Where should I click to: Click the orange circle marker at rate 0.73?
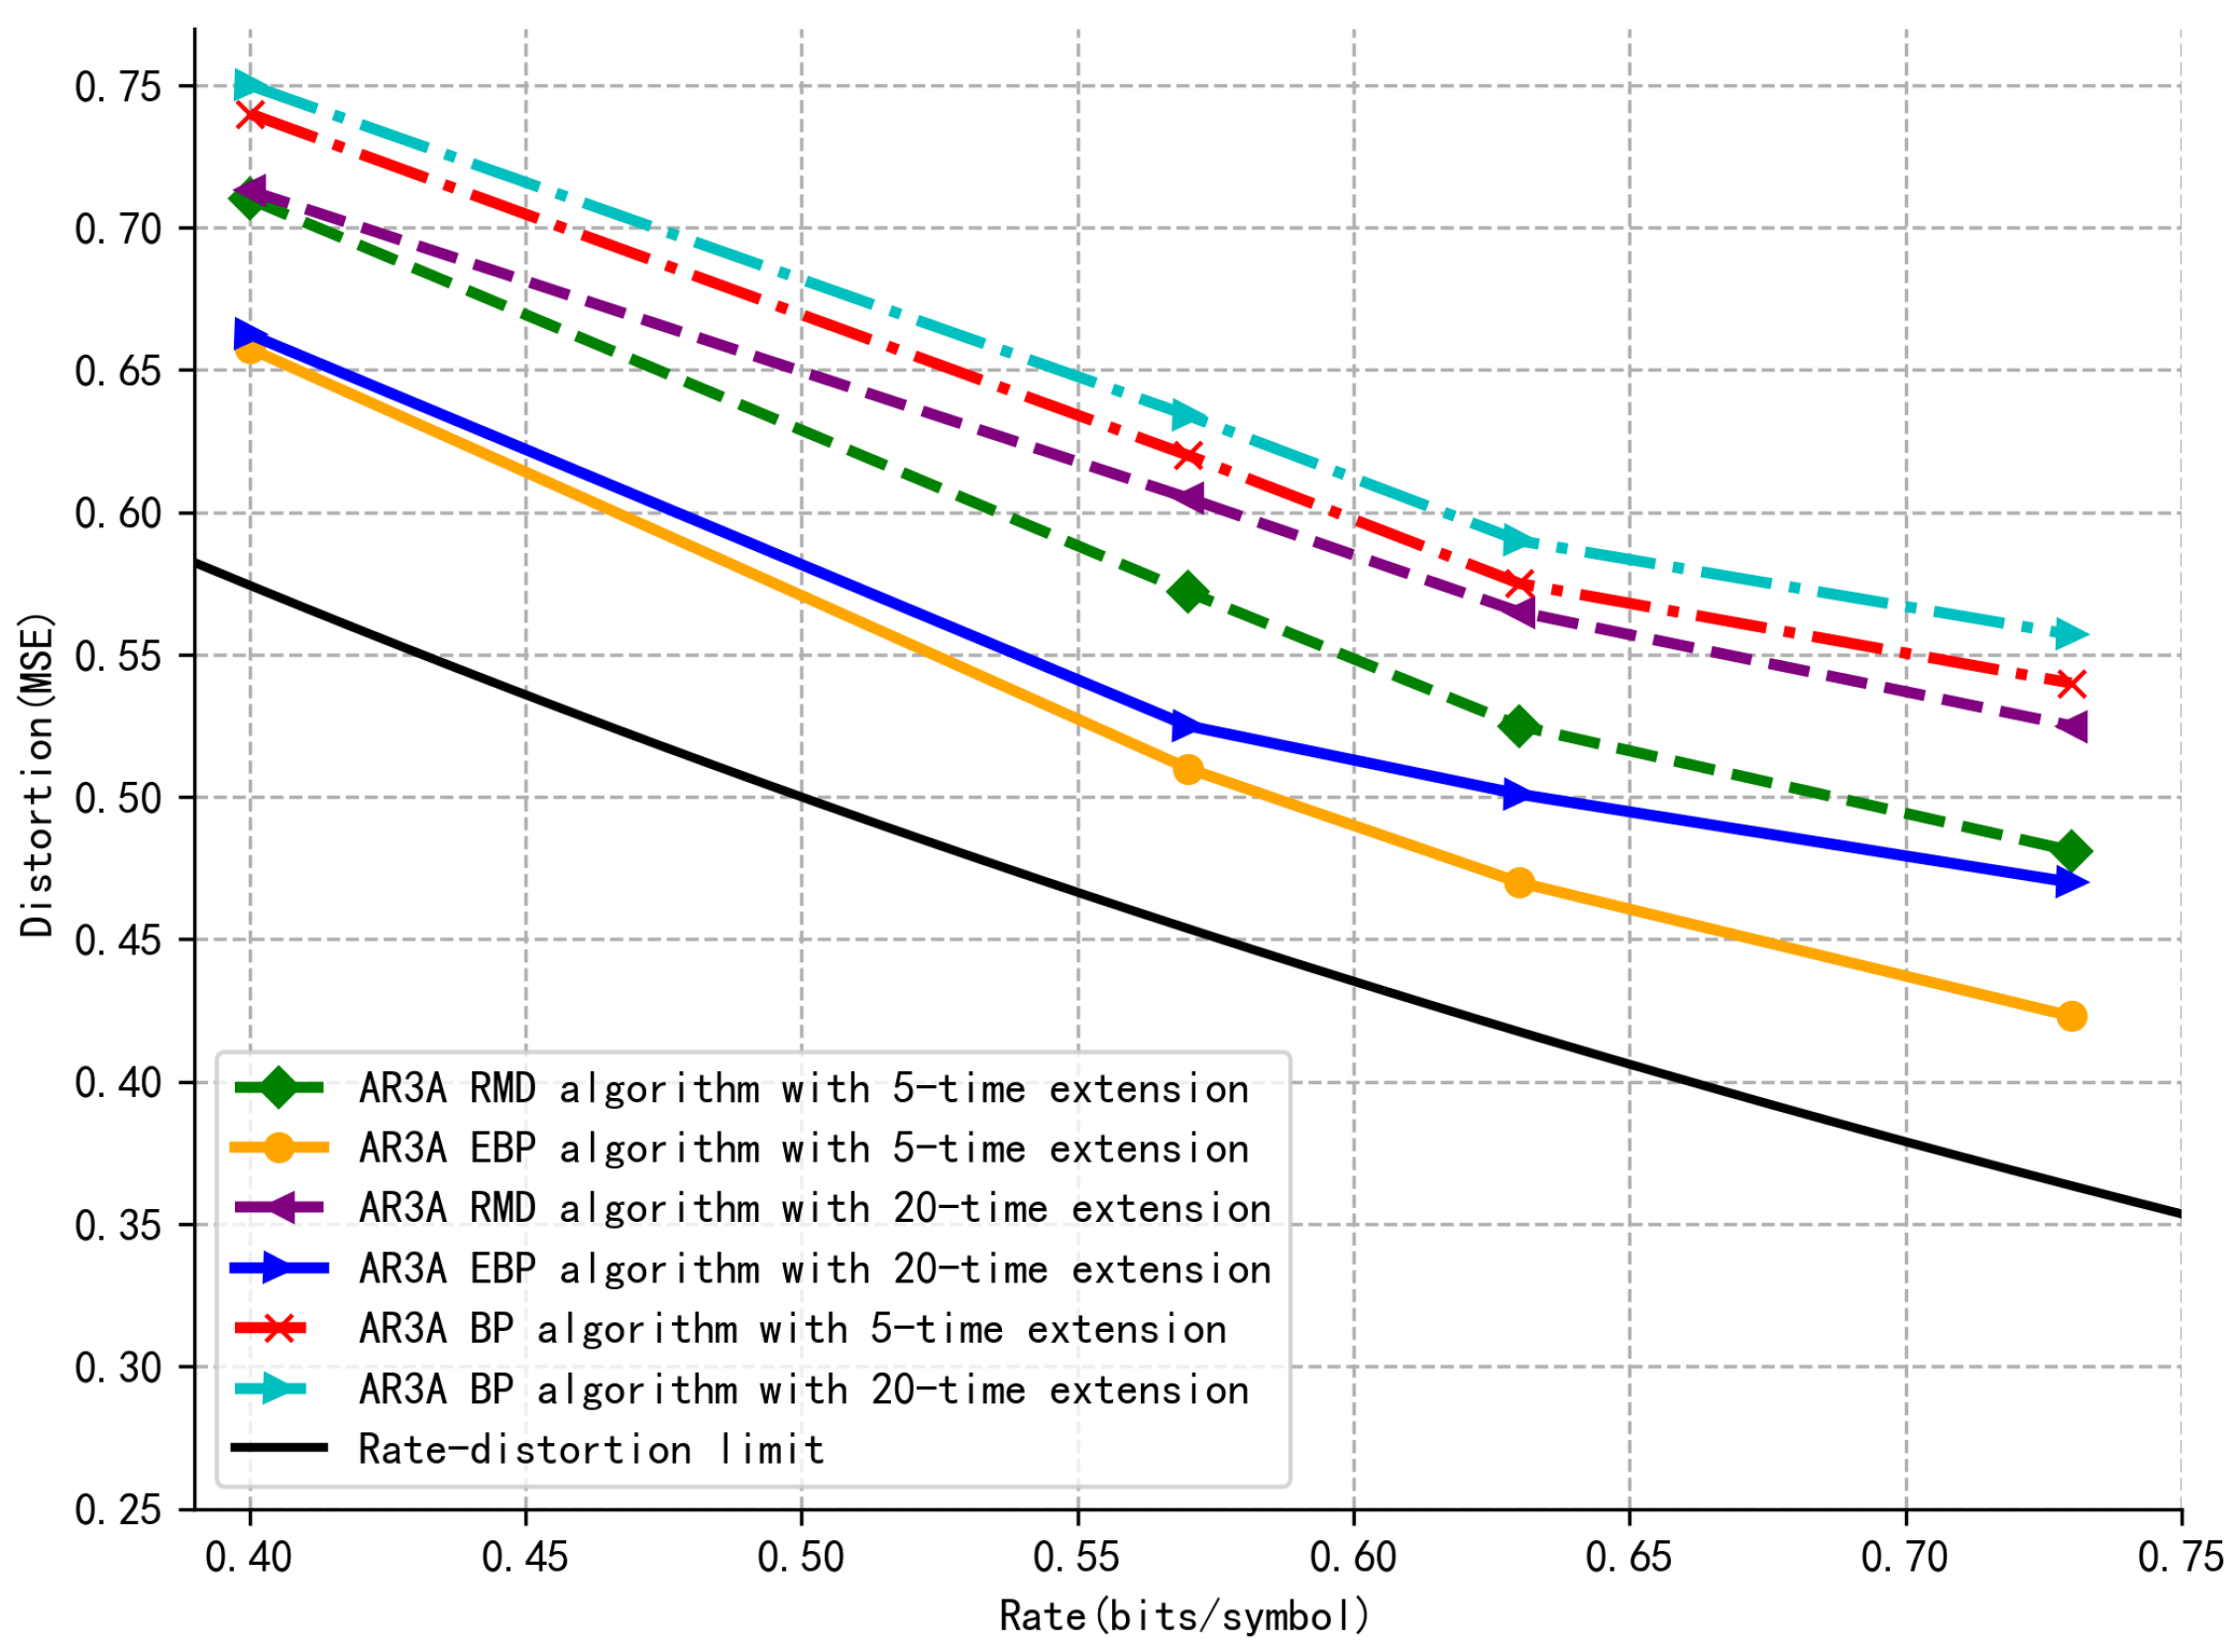click(2071, 1016)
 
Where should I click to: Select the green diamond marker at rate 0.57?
click(1188, 592)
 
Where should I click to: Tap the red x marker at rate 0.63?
click(1519, 583)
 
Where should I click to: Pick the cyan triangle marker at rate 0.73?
click(2071, 635)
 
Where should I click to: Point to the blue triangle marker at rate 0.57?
click(1188, 725)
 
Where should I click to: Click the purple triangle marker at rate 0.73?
click(2071, 726)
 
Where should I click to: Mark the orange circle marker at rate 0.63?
click(1519, 883)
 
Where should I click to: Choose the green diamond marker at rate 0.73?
click(2071, 852)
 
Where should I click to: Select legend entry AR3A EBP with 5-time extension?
click(804, 1148)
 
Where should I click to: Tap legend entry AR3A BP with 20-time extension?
click(804, 1389)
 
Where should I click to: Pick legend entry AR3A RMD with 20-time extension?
click(815, 1208)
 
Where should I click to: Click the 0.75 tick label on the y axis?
click(117, 87)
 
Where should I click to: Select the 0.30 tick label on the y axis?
click(117, 1367)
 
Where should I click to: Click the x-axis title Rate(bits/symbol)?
click(1185, 1615)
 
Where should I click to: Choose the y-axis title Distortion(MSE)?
click(38, 775)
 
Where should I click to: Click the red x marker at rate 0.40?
click(250, 114)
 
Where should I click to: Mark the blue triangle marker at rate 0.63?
click(1519, 795)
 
